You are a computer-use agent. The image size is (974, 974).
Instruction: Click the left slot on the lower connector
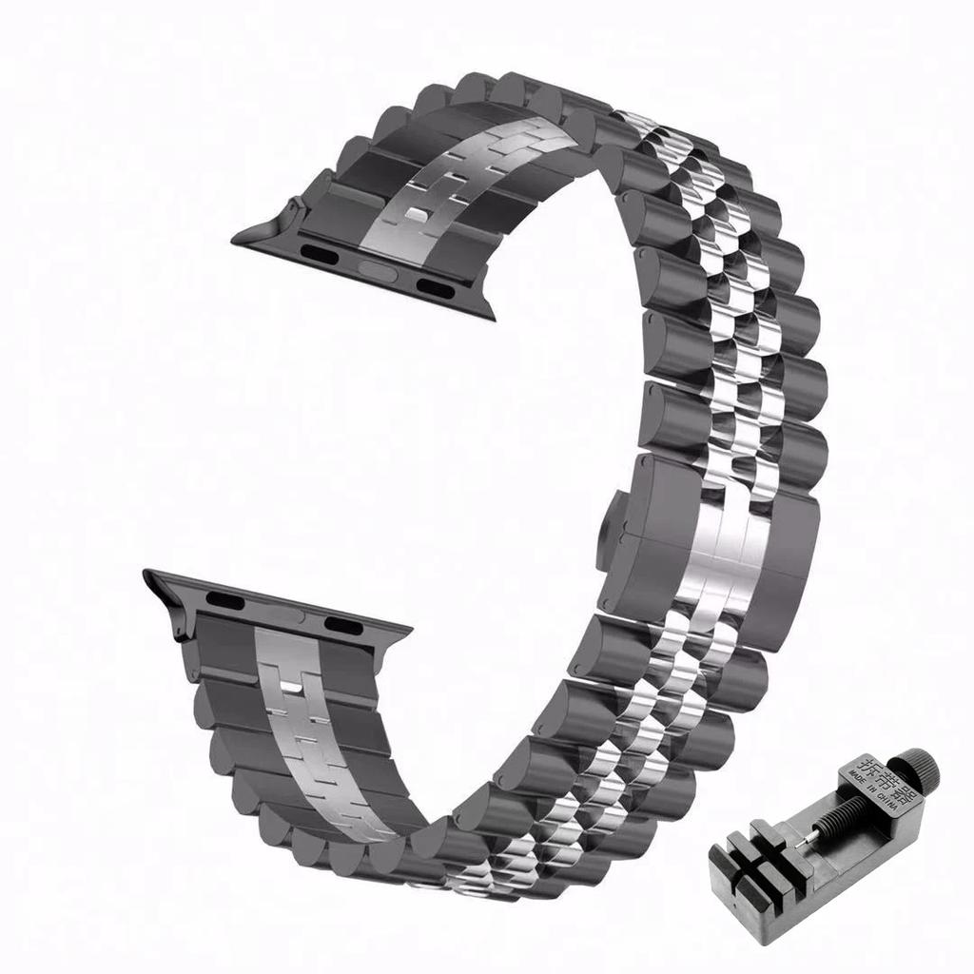(x=225, y=599)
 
